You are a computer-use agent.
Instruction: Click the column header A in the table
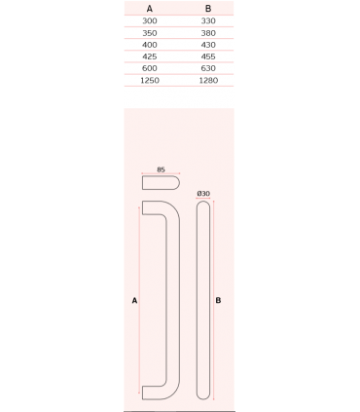(150, 9)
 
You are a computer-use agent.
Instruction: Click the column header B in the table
(208, 9)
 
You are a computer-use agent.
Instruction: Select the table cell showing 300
(150, 21)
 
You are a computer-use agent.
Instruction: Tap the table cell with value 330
(208, 21)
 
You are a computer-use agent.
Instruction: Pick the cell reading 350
(150, 33)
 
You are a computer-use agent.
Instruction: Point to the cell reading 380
(208, 33)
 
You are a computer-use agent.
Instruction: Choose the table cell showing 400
(150, 45)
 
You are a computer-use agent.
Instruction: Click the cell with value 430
(208, 45)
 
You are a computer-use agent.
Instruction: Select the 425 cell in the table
(150, 56)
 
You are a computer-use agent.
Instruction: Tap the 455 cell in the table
(208, 56)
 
